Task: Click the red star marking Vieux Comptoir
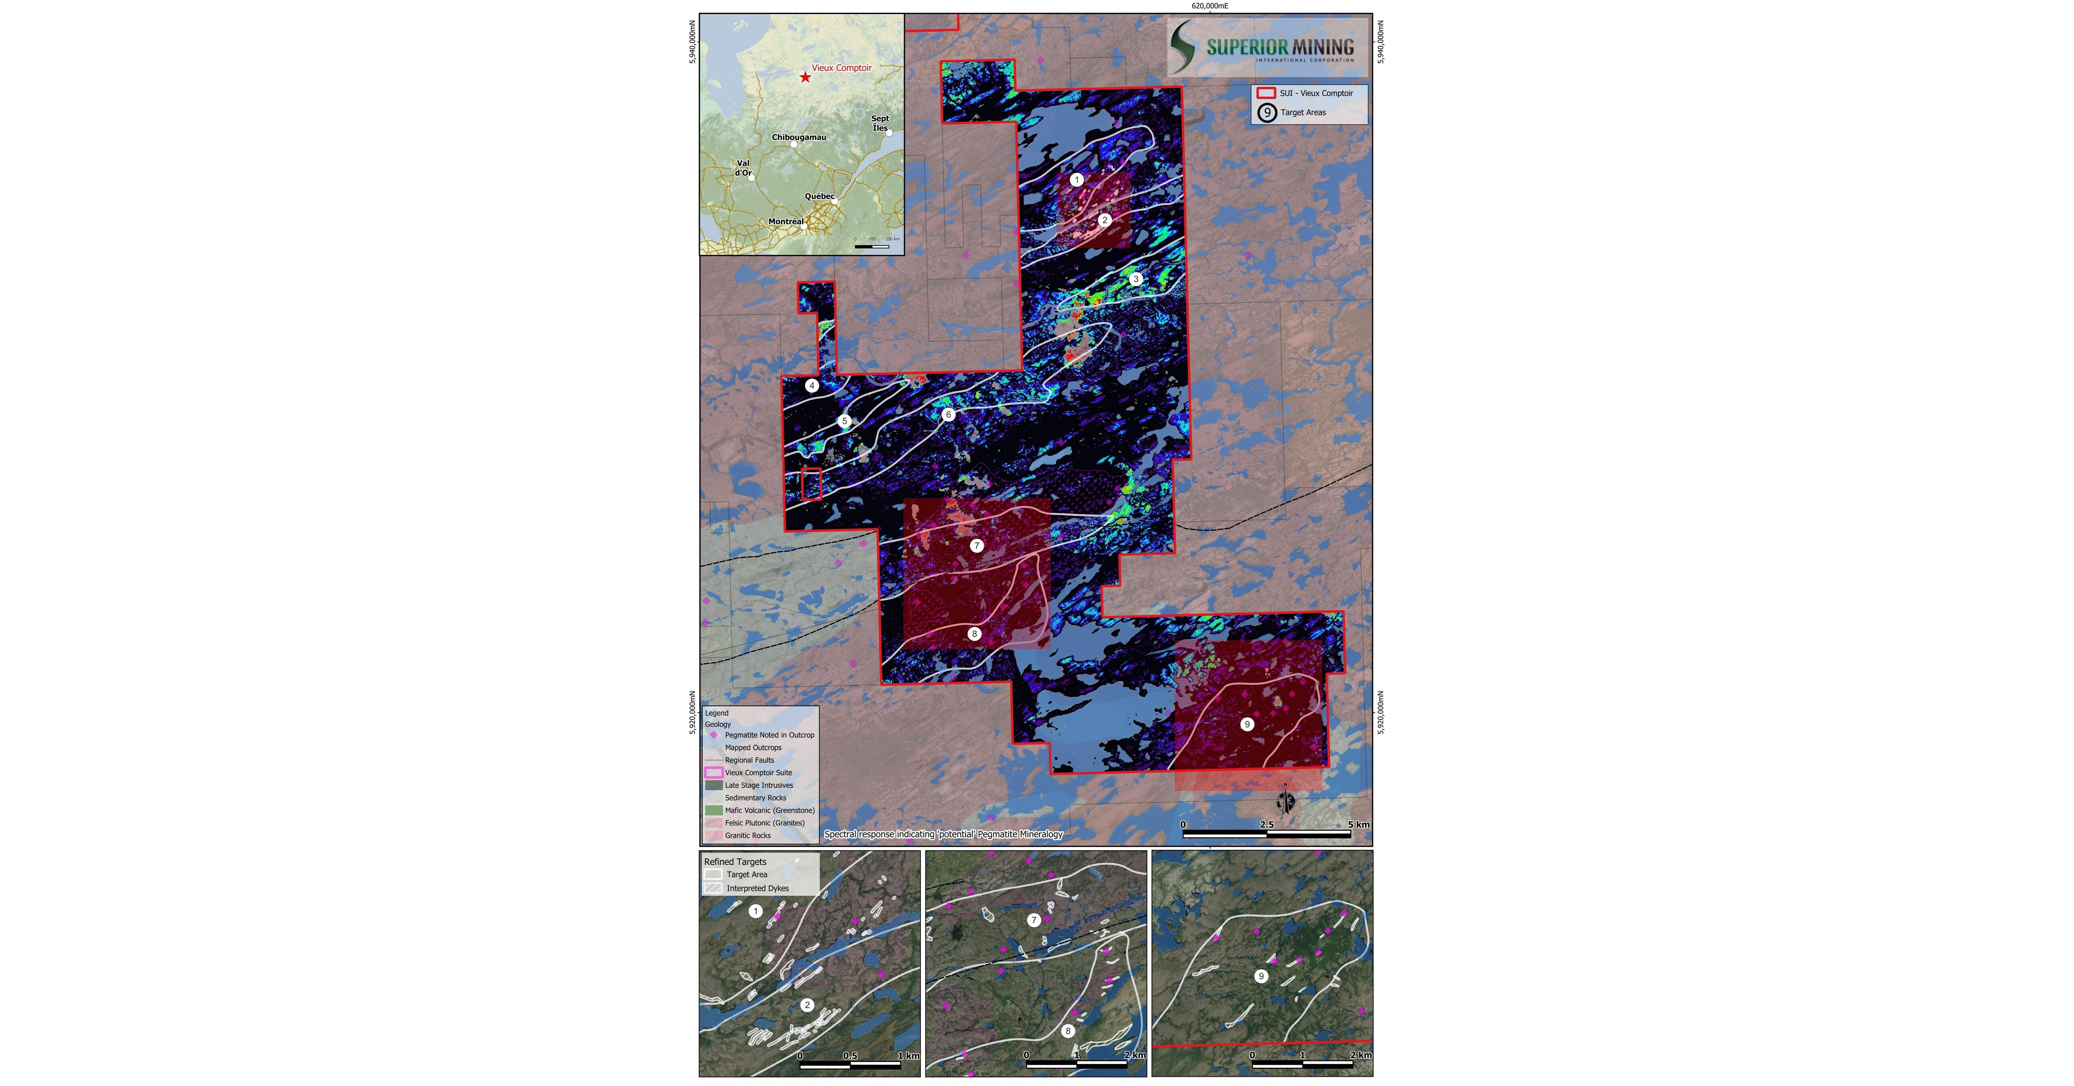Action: click(805, 77)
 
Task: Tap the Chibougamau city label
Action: click(799, 137)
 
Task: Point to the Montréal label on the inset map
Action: click(786, 221)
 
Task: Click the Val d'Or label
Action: click(742, 167)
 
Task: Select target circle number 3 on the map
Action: click(1135, 280)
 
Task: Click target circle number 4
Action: click(812, 386)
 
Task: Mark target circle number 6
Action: click(948, 415)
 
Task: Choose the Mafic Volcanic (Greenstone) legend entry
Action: click(769, 810)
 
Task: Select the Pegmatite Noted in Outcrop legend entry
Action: click(769, 735)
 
